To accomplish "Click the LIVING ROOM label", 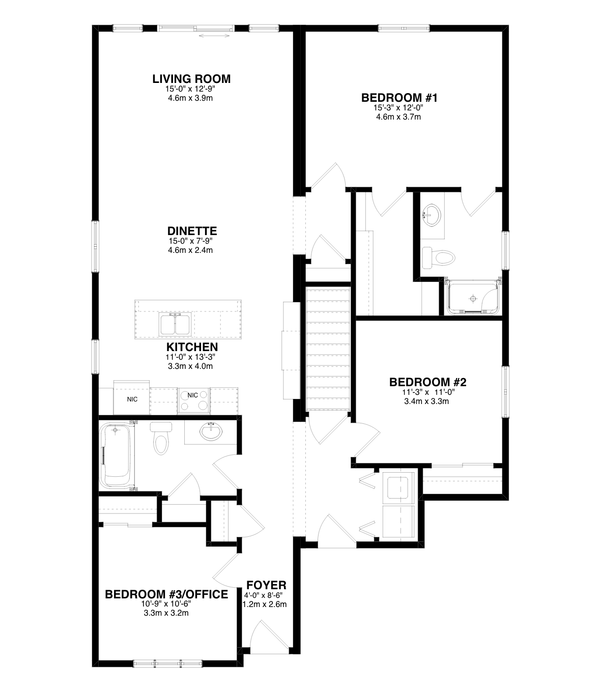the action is (x=191, y=79).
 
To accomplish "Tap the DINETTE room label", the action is (x=192, y=231).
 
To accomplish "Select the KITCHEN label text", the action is (x=192, y=347).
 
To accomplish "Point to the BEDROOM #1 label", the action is (x=400, y=98).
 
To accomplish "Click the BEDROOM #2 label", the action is (x=428, y=382).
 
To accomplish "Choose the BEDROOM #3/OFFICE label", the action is (x=166, y=594).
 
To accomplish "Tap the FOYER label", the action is (x=267, y=585).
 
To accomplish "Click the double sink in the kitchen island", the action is (x=175, y=325).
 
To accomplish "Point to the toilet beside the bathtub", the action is (x=161, y=438).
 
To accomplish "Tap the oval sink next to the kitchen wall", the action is (x=211, y=431).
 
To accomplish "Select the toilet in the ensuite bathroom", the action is (x=438, y=258).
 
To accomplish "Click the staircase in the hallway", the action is (x=328, y=349).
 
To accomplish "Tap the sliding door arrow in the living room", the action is (x=214, y=35).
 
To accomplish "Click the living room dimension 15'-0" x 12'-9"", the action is (x=190, y=89).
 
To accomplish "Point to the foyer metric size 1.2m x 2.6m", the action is (x=265, y=604).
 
